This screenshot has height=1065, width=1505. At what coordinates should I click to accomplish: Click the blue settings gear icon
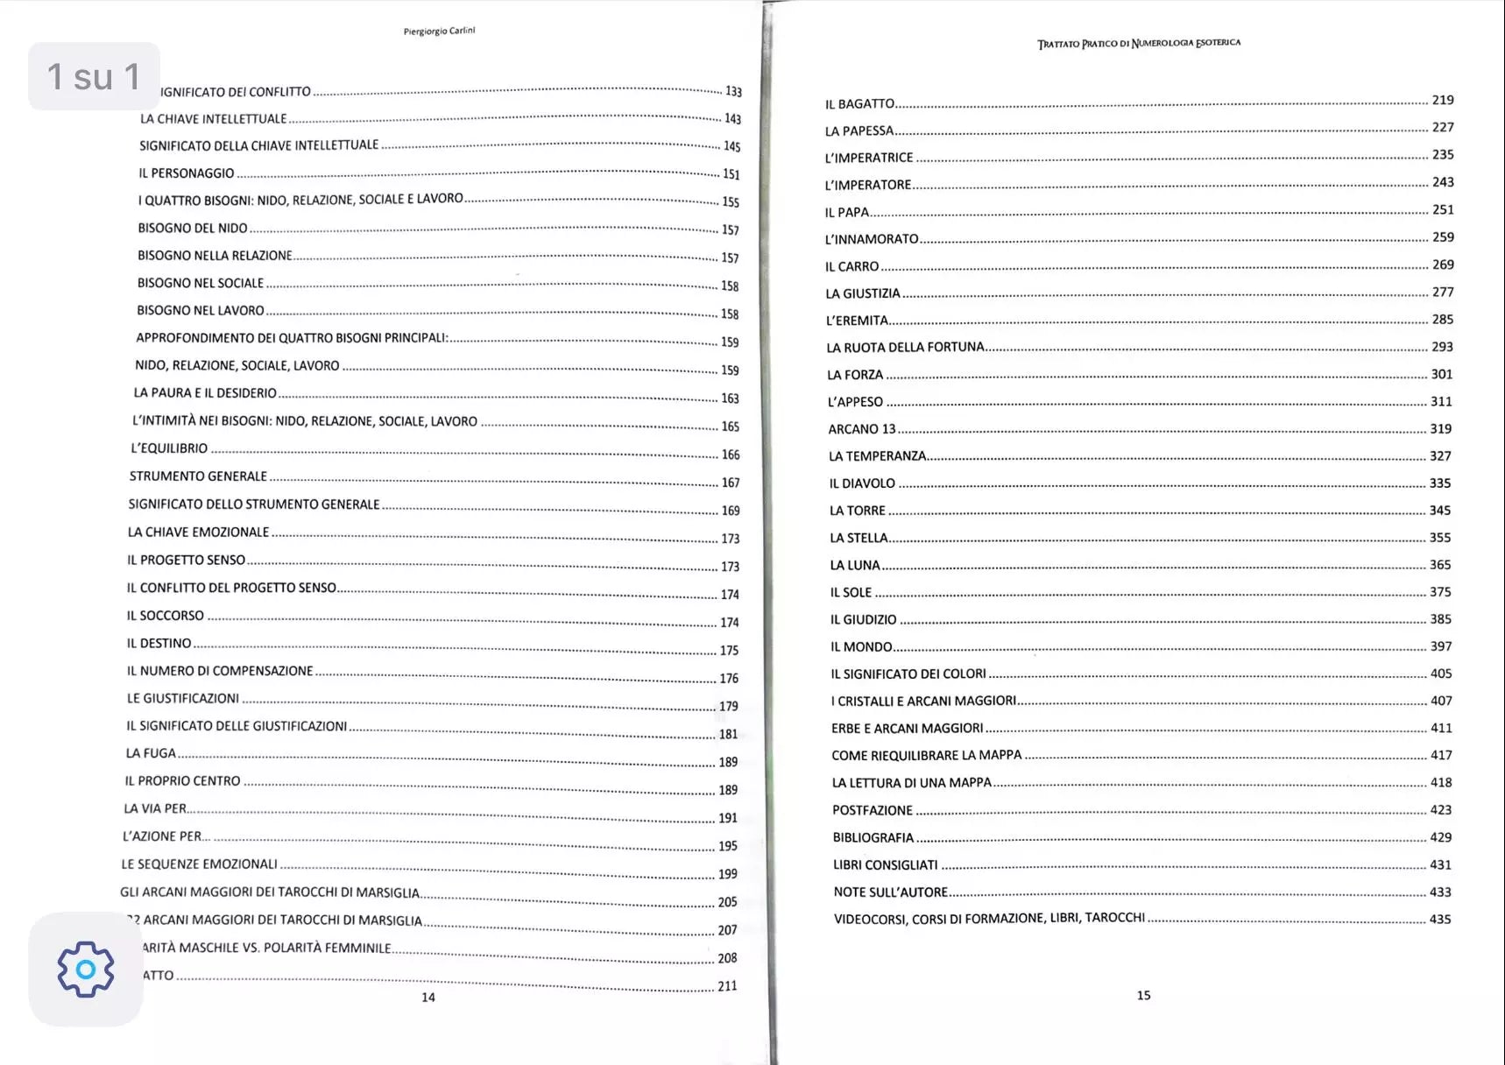click(86, 969)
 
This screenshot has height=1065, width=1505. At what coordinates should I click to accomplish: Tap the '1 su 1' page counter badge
click(94, 76)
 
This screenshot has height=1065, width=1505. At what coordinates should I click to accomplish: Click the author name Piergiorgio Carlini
click(439, 32)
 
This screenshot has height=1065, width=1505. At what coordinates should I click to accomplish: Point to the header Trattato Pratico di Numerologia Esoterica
click(1139, 43)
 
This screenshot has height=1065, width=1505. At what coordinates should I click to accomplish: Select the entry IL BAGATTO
click(859, 103)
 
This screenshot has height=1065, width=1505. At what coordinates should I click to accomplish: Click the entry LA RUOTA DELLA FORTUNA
click(905, 347)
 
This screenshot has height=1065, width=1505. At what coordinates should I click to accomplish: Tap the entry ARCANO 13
click(862, 428)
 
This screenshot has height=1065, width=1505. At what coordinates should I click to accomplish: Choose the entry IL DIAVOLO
click(862, 483)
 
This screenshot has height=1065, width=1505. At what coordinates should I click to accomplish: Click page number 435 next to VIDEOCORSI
click(1440, 919)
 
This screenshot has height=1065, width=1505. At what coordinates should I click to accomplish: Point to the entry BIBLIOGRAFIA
click(873, 837)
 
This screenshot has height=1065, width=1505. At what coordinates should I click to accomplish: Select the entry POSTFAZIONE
click(872, 810)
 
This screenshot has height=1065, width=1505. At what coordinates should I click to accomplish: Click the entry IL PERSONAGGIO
click(186, 173)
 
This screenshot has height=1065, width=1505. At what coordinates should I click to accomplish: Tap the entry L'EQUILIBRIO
click(169, 448)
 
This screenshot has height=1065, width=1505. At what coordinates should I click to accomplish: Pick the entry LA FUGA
click(151, 752)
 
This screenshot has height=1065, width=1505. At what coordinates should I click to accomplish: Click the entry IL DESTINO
click(159, 643)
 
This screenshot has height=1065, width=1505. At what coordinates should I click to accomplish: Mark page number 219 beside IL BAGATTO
click(1443, 100)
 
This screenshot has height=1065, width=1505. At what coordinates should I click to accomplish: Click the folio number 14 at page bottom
click(428, 997)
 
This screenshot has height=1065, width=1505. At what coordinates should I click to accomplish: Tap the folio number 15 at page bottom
click(1143, 995)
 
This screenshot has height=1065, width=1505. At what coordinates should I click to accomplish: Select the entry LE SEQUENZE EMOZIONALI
click(199, 864)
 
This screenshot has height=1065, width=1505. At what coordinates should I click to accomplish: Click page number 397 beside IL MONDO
click(1441, 646)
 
